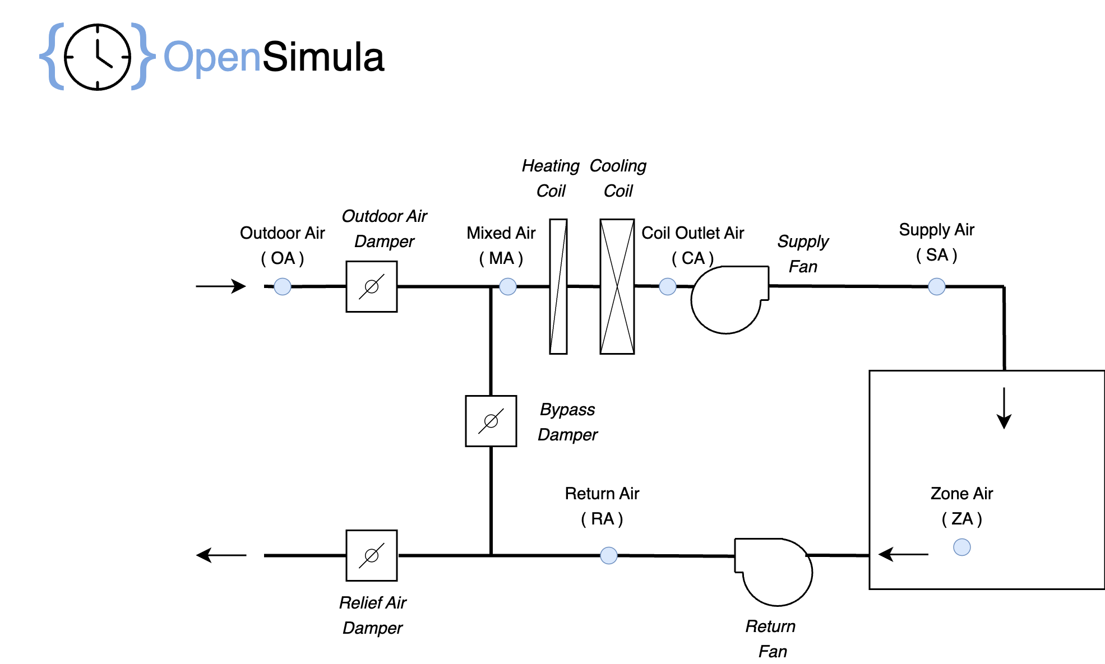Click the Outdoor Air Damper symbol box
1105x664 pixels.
[x=371, y=286]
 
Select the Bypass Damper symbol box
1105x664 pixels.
[x=491, y=421]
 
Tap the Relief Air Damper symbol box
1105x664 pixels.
[x=371, y=555]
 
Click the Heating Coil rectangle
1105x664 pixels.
[x=558, y=286]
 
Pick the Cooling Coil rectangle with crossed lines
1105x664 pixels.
[x=617, y=286]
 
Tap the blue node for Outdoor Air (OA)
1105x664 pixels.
[x=283, y=286]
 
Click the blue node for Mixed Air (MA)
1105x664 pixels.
[x=507, y=286]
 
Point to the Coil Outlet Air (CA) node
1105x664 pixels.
[x=667, y=286]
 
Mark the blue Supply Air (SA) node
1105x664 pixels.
[x=936, y=286]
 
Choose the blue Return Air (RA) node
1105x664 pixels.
[x=608, y=555]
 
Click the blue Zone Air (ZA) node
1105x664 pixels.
[x=961, y=547]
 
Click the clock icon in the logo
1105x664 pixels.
[x=98, y=57]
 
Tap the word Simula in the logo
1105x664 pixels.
[x=323, y=57]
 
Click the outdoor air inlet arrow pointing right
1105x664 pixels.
[x=221, y=286]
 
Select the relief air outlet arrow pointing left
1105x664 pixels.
[x=221, y=555]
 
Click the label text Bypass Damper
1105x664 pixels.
[x=567, y=422]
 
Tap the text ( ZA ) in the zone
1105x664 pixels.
[x=961, y=519]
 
